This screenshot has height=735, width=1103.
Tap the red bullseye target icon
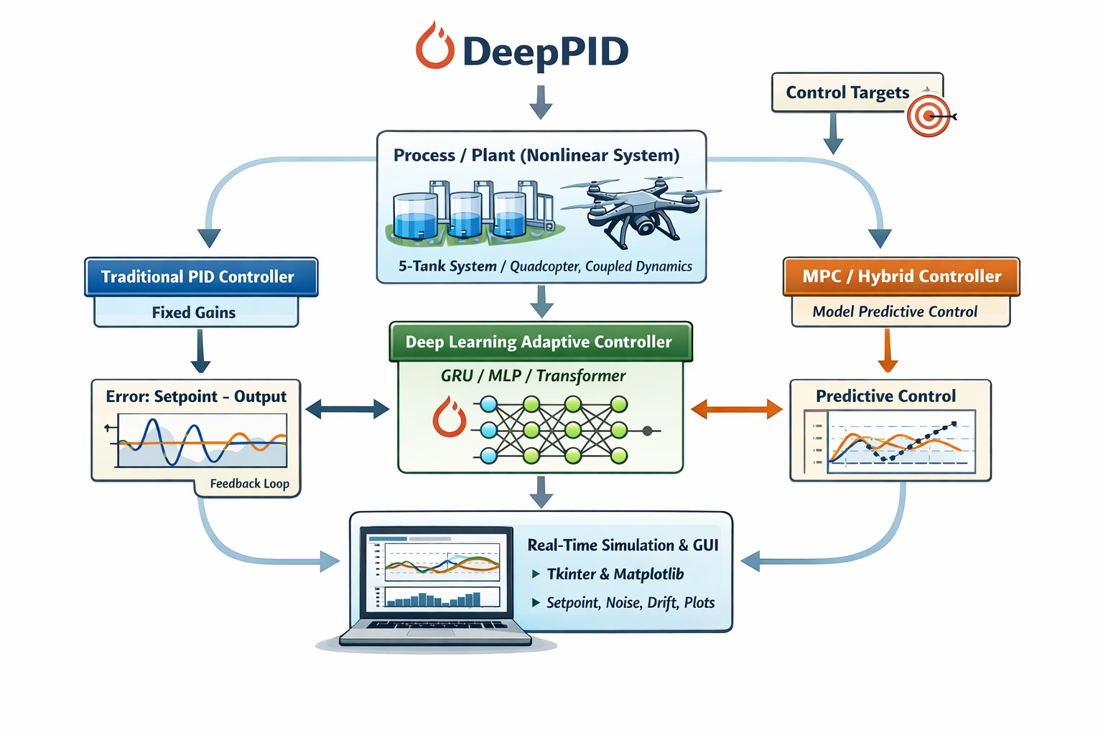tap(929, 116)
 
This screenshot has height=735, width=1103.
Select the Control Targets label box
tap(847, 93)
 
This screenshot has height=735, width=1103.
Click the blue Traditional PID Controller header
tap(200, 277)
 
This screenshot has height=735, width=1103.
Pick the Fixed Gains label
tap(194, 312)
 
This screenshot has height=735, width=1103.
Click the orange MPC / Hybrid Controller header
tap(901, 276)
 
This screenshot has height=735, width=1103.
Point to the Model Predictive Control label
tap(895, 312)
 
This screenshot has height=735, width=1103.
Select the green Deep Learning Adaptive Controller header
tap(539, 342)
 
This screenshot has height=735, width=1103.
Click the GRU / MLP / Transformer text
tap(533, 375)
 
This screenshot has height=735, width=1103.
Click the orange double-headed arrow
tap(736, 409)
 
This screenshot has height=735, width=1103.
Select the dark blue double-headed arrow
tap(347, 409)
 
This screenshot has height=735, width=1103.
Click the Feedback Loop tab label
tap(249, 484)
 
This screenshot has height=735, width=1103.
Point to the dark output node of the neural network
tap(648, 431)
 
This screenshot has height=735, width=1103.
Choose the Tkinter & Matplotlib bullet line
tap(615, 574)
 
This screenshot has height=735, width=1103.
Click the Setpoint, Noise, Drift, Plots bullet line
tap(630, 603)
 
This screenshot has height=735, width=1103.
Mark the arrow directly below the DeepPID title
tap(541, 102)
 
